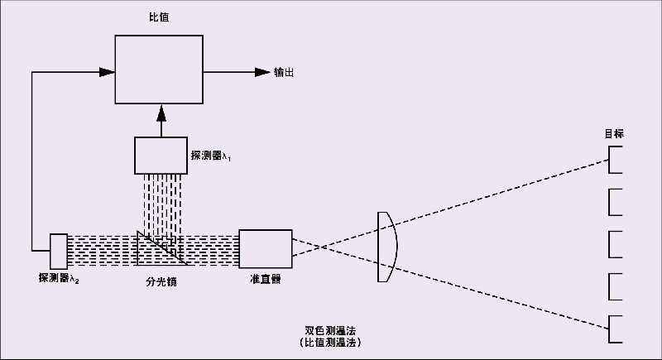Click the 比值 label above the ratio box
pyautogui.click(x=159, y=17)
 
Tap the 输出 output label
pyautogui.click(x=284, y=72)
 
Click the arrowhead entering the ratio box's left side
pyautogui.click(x=106, y=72)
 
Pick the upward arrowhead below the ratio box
pyautogui.click(x=160, y=111)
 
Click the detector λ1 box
pyautogui.click(x=160, y=154)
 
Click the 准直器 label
pyautogui.click(x=265, y=279)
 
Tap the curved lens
pyautogui.click(x=387, y=247)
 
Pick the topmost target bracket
pyautogui.click(x=616, y=160)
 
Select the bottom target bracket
pyautogui.click(x=616, y=329)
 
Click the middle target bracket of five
pyautogui.click(x=616, y=245)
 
